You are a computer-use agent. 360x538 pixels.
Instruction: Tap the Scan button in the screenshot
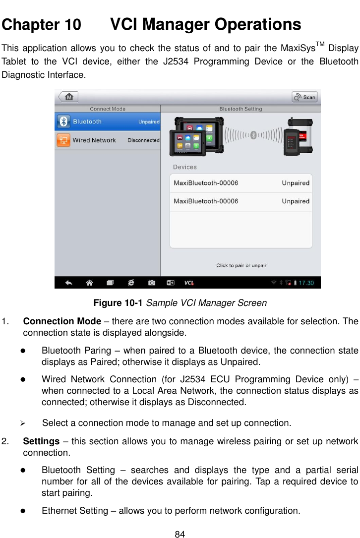pyautogui.click(x=304, y=97)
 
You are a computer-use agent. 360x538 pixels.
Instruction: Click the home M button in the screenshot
pyautogui.click(x=67, y=97)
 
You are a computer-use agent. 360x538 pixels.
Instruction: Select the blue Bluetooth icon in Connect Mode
pyautogui.click(x=63, y=121)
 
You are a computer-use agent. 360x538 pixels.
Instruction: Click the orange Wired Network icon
pyautogui.click(x=63, y=140)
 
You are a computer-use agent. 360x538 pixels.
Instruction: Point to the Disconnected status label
pyautogui.click(x=143, y=140)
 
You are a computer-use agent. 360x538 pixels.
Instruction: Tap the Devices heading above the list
pyautogui.click(x=184, y=167)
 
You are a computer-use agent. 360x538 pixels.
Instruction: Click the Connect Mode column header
pyautogui.click(x=107, y=109)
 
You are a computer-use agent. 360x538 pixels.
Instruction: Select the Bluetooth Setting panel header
pyautogui.click(x=240, y=109)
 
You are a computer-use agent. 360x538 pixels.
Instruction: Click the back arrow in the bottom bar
pyautogui.click(x=69, y=283)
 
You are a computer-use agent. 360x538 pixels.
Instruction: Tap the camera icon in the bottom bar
pyautogui.click(x=152, y=283)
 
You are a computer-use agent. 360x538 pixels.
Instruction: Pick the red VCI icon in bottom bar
pyautogui.click(x=189, y=283)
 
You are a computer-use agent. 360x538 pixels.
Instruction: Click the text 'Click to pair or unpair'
pyautogui.click(x=241, y=265)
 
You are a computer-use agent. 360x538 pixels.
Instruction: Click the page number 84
pyautogui.click(x=180, y=534)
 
